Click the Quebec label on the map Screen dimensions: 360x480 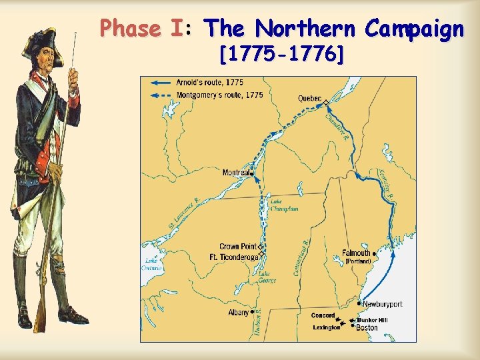pos(309,99)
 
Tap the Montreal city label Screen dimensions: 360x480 pos(236,173)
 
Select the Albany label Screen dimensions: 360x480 pos(238,312)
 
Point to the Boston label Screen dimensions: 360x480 pos(367,328)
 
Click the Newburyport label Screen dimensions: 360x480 pos(383,304)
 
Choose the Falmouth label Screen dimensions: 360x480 pos(357,253)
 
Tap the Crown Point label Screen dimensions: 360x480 pos(238,247)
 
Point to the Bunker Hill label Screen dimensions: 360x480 pos(373,320)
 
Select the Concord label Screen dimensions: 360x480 pos(323,315)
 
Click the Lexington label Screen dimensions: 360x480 pos(327,327)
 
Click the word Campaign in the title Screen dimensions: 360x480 pos(414,29)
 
